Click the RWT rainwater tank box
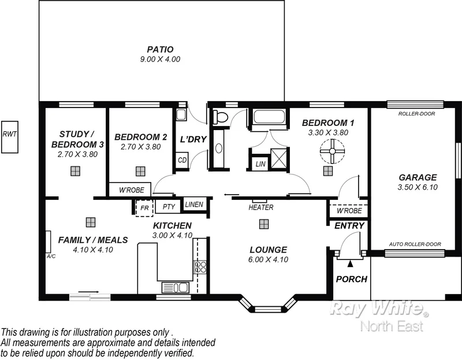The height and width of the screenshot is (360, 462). [x=10, y=136]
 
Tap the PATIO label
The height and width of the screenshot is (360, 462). [x=160, y=49]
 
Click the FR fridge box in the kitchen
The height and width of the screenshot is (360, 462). [x=144, y=207]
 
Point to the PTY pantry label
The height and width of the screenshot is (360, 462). [x=168, y=207]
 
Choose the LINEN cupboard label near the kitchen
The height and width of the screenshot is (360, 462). [x=193, y=204]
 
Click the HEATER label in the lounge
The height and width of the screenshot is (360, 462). [x=260, y=207]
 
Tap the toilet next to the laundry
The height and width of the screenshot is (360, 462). [x=221, y=118]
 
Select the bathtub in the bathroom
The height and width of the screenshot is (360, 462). [x=269, y=118]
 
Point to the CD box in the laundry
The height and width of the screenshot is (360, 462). [x=182, y=160]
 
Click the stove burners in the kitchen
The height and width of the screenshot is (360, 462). [x=200, y=267]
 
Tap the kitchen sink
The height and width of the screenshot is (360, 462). [x=174, y=287]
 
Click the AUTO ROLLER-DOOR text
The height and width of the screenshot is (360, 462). [x=415, y=244]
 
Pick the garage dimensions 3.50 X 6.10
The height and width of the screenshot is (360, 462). [x=417, y=187]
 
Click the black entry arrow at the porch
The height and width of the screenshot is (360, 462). [x=350, y=264]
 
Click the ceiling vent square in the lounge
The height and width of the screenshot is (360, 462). [x=264, y=224]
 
